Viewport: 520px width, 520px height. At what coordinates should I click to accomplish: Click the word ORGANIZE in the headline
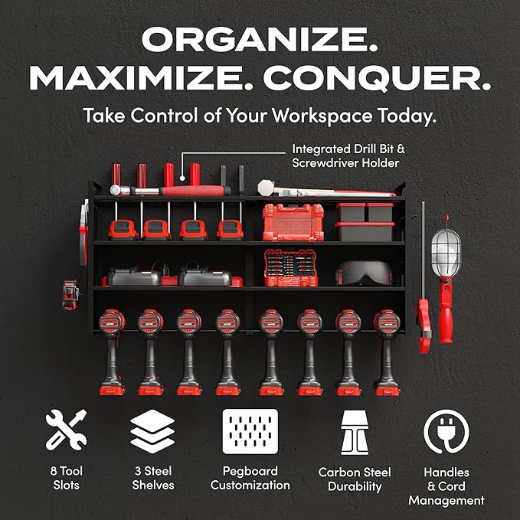(x=260, y=39)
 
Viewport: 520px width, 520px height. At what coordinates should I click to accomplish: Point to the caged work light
(x=447, y=253)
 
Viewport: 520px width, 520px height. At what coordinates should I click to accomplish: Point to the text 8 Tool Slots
(x=66, y=478)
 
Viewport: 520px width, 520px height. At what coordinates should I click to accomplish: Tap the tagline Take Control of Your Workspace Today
(x=260, y=116)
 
